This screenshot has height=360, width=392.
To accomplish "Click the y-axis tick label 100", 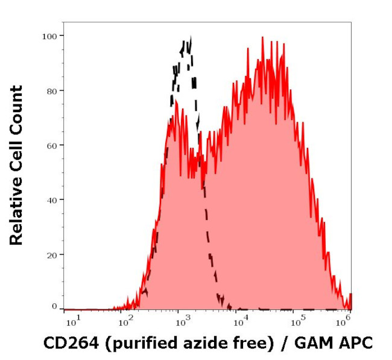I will click(49, 36).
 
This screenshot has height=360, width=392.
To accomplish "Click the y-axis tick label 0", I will click(54, 307).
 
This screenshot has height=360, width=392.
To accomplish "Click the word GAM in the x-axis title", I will click(317, 343).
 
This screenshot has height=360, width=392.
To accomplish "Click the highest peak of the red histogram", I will click(262, 37).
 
